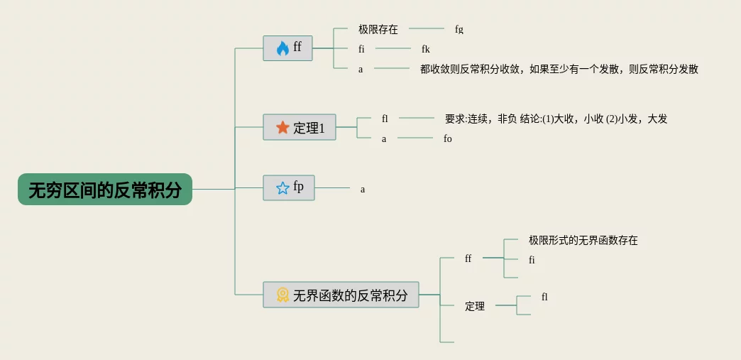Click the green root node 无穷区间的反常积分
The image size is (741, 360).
click(105, 190)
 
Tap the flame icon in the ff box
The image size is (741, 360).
click(282, 48)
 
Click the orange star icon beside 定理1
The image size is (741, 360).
click(282, 128)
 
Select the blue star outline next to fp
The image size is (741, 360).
click(282, 188)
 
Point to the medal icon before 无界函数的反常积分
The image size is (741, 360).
click(282, 295)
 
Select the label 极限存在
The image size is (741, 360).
click(378, 30)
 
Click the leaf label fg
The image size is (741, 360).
click(459, 30)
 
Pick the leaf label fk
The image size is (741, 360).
click(426, 50)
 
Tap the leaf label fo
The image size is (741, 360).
click(448, 139)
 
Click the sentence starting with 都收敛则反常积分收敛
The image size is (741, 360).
click(559, 69)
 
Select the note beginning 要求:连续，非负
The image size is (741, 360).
click(556, 119)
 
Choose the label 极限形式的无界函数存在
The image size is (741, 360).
click(583, 241)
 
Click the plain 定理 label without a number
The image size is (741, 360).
click(475, 307)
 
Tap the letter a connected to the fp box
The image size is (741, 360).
click(363, 190)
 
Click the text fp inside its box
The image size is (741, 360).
click(299, 187)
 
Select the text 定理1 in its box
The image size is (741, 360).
click(309, 129)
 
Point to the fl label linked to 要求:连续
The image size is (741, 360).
click(385, 119)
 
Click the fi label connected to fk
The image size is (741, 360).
click(361, 50)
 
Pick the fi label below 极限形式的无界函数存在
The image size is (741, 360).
click(532, 260)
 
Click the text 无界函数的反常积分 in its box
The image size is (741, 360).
click(350, 295)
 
